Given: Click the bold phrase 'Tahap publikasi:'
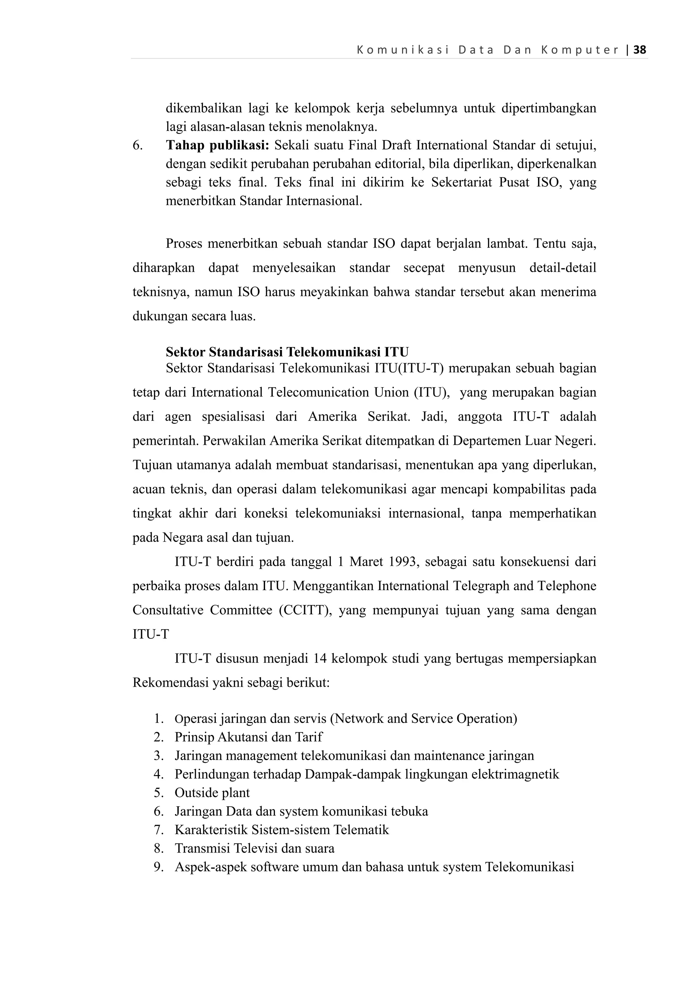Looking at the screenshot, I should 217,146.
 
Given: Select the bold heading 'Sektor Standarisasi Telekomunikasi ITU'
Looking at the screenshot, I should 287,352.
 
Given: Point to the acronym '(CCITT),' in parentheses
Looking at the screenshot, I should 305,610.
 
